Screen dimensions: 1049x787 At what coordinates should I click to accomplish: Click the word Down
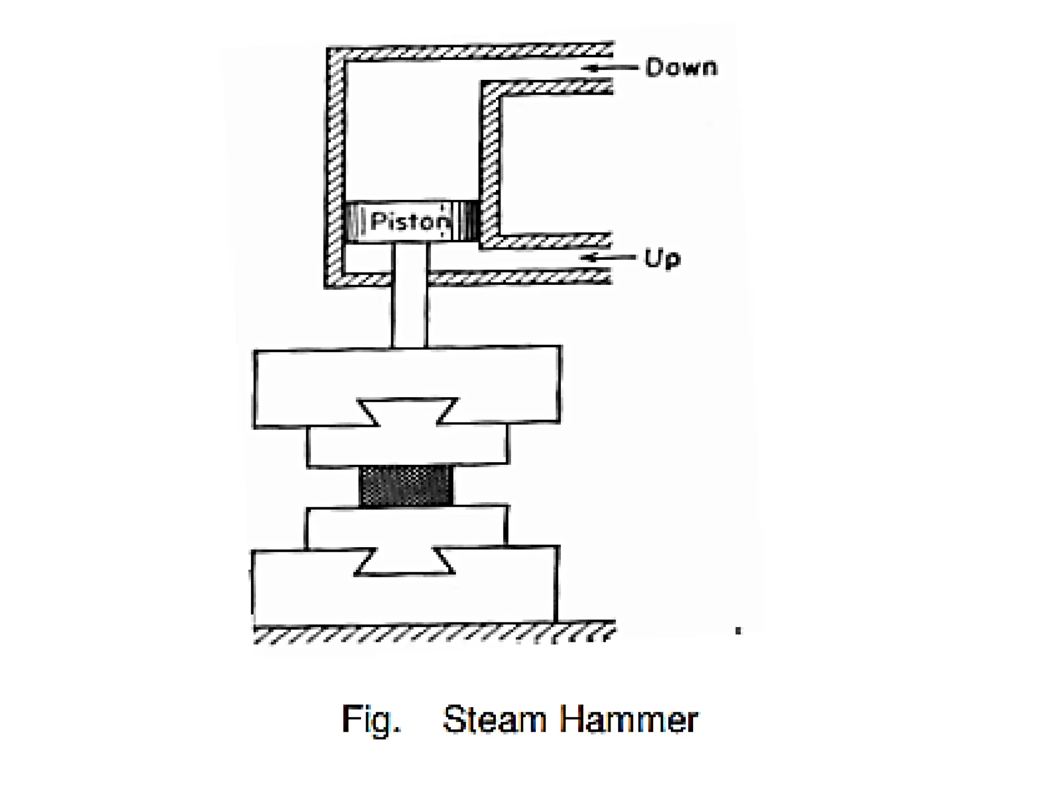[x=681, y=68]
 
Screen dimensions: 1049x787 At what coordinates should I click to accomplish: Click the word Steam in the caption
[x=495, y=719]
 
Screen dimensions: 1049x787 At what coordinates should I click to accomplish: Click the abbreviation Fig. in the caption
[x=371, y=719]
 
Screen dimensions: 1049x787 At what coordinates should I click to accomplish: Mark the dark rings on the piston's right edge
[x=469, y=221]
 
